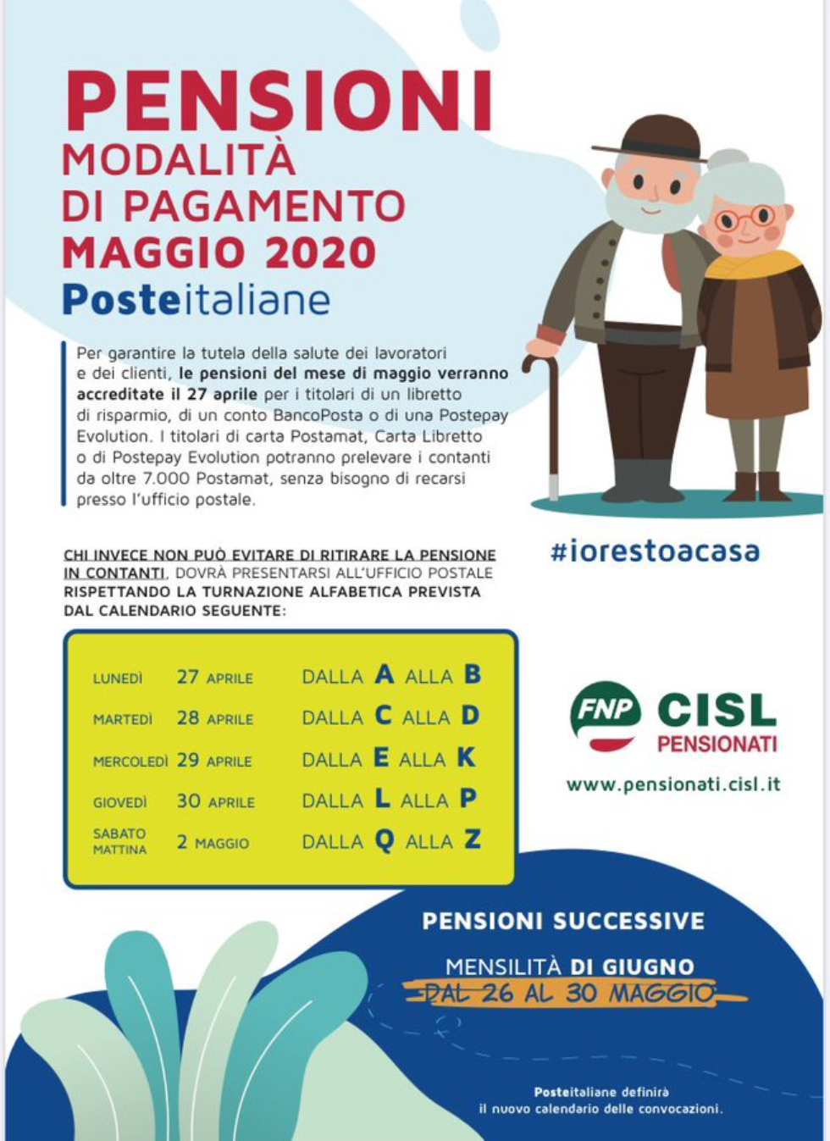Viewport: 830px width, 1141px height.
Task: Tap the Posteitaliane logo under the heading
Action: pyautogui.click(x=196, y=301)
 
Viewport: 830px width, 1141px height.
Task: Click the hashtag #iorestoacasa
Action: pyautogui.click(x=655, y=551)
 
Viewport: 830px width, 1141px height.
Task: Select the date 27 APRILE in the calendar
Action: pyautogui.click(x=214, y=678)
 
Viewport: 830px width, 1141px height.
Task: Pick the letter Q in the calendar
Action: pyautogui.click(x=385, y=841)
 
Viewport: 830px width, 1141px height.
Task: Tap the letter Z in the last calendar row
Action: pyautogui.click(x=473, y=839)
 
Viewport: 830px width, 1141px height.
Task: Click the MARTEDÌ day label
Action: pyautogui.click(x=123, y=720)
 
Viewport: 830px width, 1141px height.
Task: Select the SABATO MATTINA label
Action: pyautogui.click(x=119, y=841)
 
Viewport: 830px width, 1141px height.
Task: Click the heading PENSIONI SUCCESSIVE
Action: pyautogui.click(x=563, y=921)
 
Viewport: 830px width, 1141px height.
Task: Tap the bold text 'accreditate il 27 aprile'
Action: pyautogui.click(x=167, y=394)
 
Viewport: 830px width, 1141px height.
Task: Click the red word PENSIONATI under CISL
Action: pyautogui.click(x=717, y=745)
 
